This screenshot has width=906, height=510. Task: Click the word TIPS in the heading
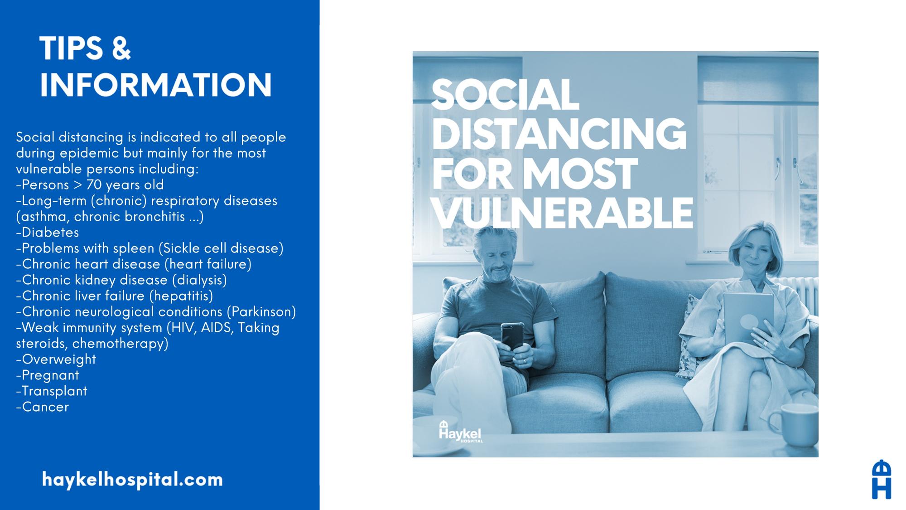[x=71, y=49]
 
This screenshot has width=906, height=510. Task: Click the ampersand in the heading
[x=121, y=49]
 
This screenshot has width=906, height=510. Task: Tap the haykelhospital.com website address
[x=132, y=479]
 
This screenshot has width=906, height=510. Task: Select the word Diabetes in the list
[x=50, y=232]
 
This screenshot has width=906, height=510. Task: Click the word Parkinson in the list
[x=260, y=311]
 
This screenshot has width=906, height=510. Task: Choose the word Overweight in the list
[x=59, y=359]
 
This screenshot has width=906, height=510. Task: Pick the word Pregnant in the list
[x=50, y=375]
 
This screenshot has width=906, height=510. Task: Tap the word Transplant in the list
[x=54, y=391]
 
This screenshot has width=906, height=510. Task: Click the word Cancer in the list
[x=45, y=407]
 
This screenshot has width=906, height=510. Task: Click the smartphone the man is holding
[x=512, y=336]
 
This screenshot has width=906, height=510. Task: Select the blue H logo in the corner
[x=882, y=479]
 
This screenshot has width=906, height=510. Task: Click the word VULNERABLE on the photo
[x=563, y=213]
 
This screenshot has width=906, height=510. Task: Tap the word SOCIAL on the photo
[x=505, y=95]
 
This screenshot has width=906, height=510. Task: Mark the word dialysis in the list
[x=200, y=280]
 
